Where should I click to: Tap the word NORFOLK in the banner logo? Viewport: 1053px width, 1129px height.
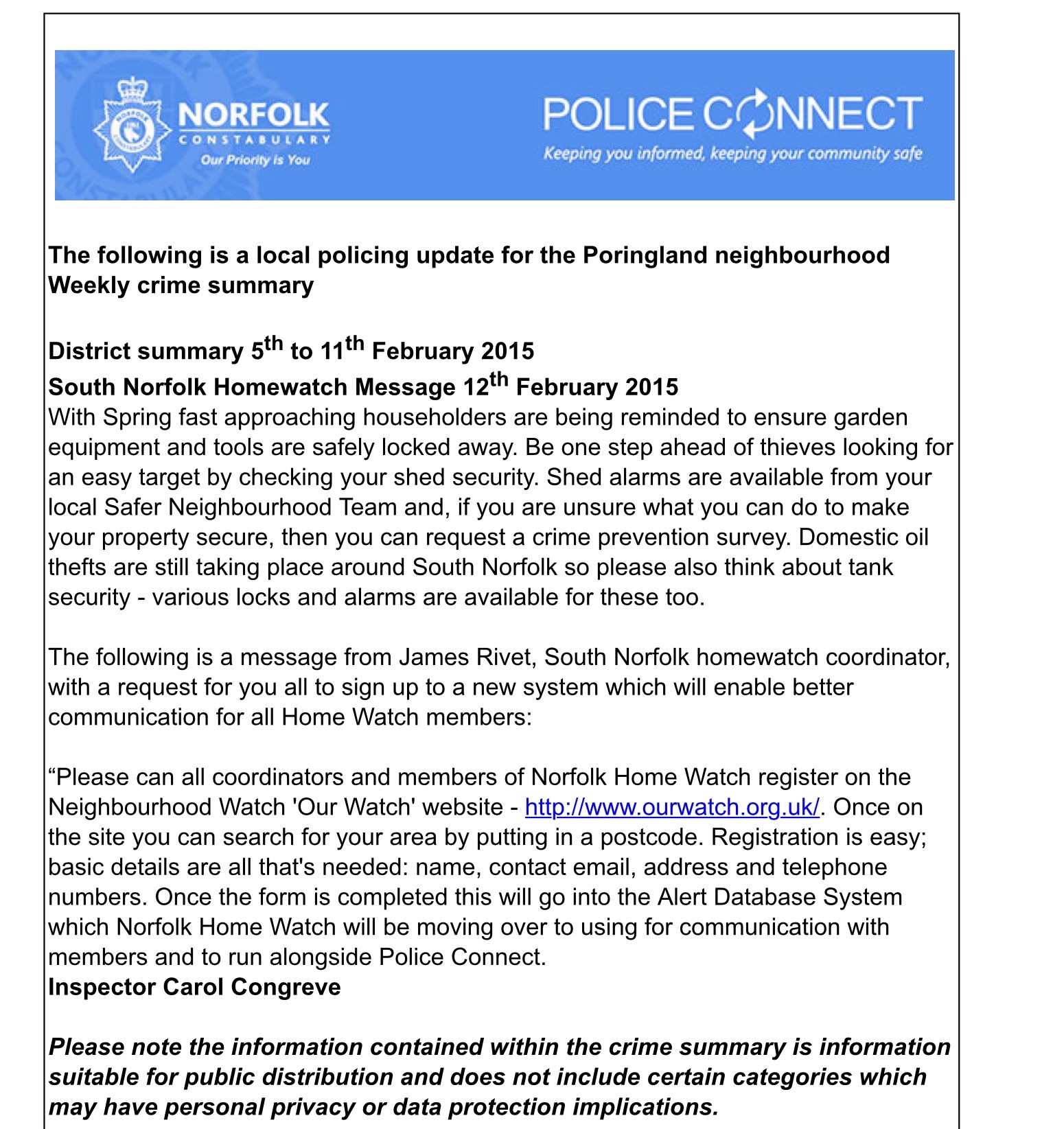click(254, 115)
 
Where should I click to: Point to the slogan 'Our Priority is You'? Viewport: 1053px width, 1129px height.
click(255, 160)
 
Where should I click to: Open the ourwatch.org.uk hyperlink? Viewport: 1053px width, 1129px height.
click(672, 807)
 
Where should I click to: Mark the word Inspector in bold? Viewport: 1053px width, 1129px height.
click(102, 987)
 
